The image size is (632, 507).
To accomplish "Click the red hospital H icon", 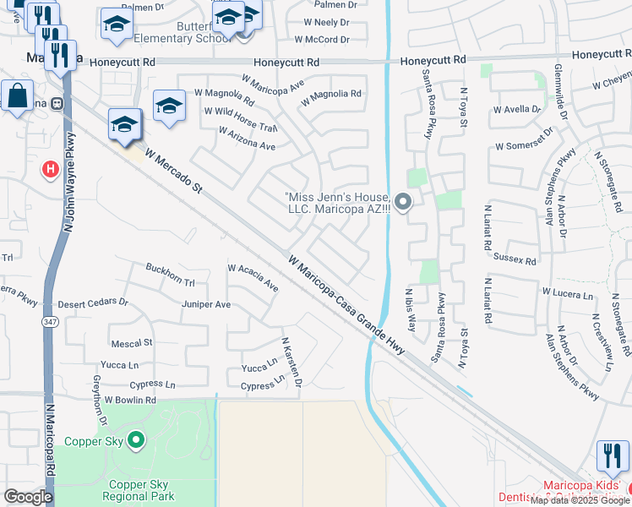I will click(x=51, y=170).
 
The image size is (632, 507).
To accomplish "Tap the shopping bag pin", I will click(x=18, y=96).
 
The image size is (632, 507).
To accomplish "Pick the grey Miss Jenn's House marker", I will click(x=403, y=202).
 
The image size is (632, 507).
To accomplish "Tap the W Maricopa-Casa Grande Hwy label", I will click(x=346, y=304).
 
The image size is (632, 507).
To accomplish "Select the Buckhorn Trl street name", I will click(x=170, y=264).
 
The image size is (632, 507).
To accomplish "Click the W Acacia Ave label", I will click(x=253, y=278).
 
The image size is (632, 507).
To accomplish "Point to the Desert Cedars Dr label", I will click(x=93, y=303).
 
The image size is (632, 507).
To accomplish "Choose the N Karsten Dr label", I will click(x=291, y=365).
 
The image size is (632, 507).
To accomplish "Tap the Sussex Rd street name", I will click(x=519, y=262).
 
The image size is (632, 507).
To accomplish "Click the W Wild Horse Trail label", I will click(x=241, y=120).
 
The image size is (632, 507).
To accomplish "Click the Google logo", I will click(x=28, y=497).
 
